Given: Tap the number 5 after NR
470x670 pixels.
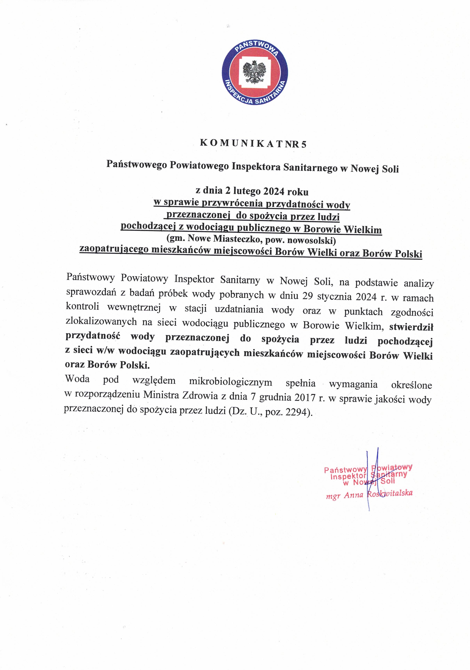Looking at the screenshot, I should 304,144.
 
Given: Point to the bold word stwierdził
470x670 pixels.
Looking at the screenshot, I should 411,327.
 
